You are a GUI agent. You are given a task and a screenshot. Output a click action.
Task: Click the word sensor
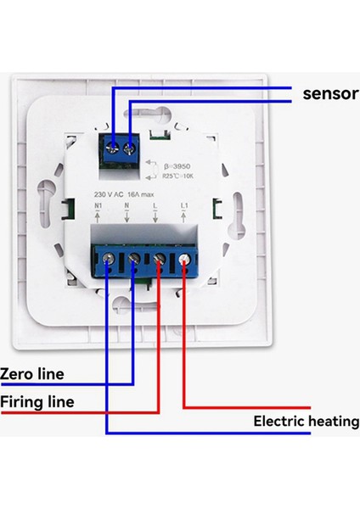coord(330,93)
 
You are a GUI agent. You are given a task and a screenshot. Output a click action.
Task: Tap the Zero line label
coord(32,373)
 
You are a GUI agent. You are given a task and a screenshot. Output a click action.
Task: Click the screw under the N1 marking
coord(108,265)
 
